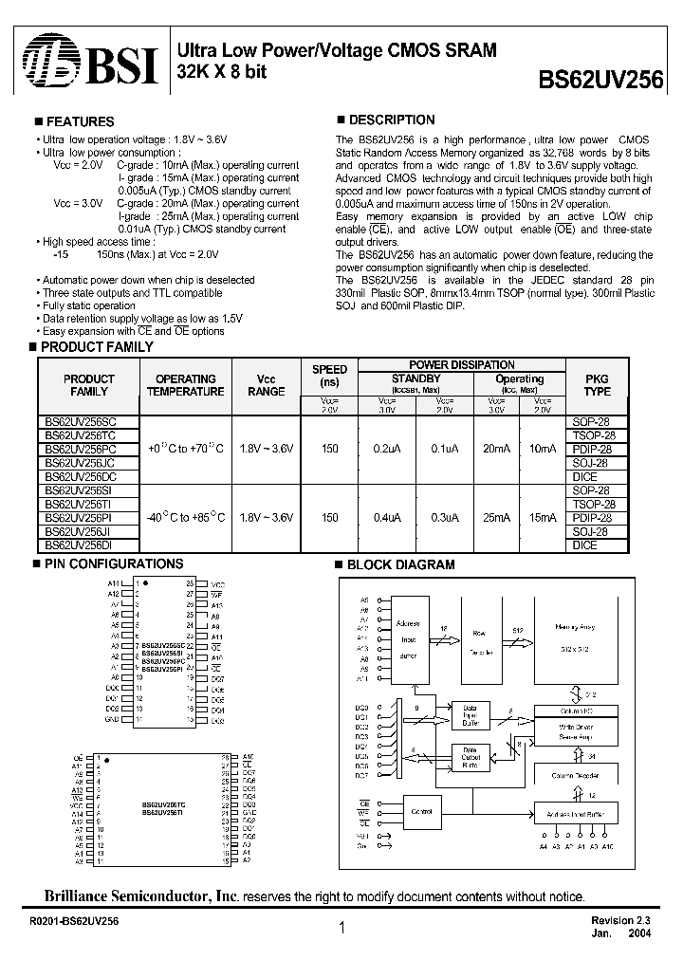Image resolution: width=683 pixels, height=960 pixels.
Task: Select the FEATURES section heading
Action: (x=80, y=122)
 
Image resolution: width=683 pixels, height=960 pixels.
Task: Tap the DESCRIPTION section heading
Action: (x=392, y=120)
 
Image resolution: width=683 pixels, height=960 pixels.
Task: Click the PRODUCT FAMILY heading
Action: (x=98, y=347)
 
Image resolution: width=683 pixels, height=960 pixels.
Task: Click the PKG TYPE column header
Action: (x=597, y=385)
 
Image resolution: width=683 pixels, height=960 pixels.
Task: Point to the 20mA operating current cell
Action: (x=494, y=448)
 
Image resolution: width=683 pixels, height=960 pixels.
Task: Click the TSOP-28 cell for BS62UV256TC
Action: (x=594, y=434)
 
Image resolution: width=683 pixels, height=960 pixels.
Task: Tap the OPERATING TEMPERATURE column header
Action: (x=186, y=385)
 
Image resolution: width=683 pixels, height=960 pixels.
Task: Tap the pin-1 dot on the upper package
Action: (x=147, y=583)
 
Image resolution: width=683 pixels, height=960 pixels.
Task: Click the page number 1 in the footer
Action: (x=341, y=930)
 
